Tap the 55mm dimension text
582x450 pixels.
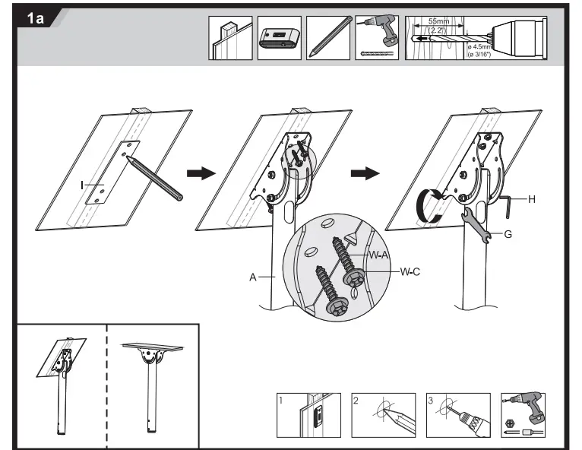[x=437, y=23]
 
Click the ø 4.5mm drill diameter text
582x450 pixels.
[x=479, y=47]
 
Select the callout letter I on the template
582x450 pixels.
[x=82, y=185]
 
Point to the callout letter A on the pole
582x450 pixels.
[x=251, y=278]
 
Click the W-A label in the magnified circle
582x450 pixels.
[x=379, y=255]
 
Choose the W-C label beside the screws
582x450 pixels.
[x=410, y=271]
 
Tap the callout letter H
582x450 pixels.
[x=531, y=199]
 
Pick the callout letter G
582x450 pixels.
[x=508, y=234]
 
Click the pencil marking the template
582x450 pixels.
[x=155, y=178]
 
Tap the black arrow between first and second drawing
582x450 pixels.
[x=201, y=173]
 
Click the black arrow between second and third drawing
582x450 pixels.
[x=366, y=173]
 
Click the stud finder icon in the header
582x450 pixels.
[x=279, y=38]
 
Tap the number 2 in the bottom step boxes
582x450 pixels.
[x=357, y=400]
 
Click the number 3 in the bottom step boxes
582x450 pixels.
[x=432, y=400]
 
